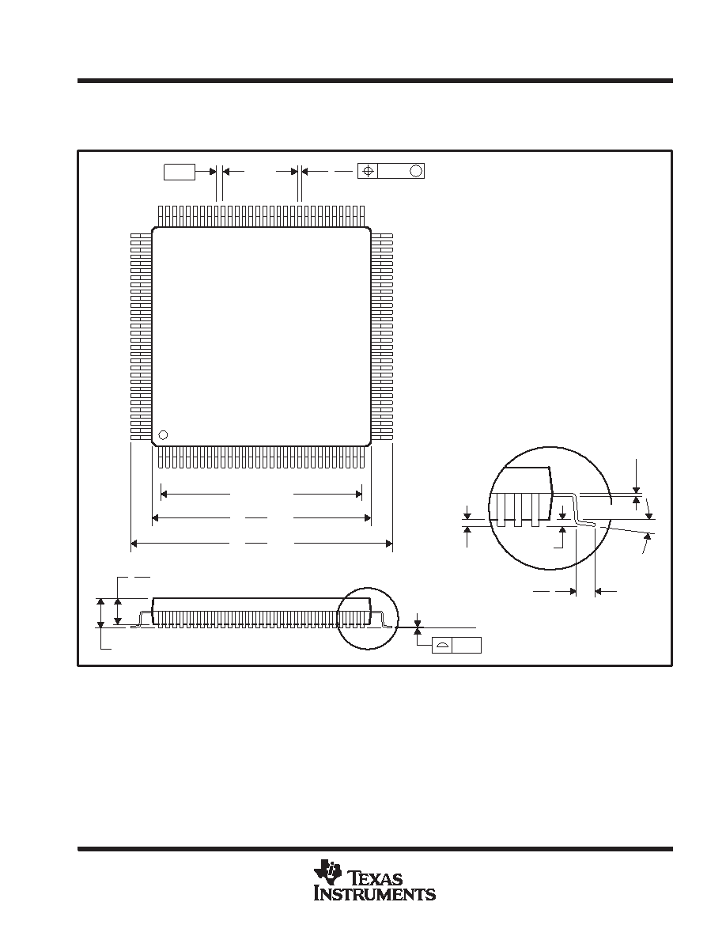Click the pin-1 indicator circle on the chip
point(162,435)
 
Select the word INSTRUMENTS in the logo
point(375,894)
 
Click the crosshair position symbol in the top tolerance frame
point(368,171)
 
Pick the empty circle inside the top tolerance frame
point(416,171)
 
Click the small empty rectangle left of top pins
point(180,172)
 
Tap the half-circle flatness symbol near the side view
point(442,646)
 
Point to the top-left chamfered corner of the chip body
point(154,229)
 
